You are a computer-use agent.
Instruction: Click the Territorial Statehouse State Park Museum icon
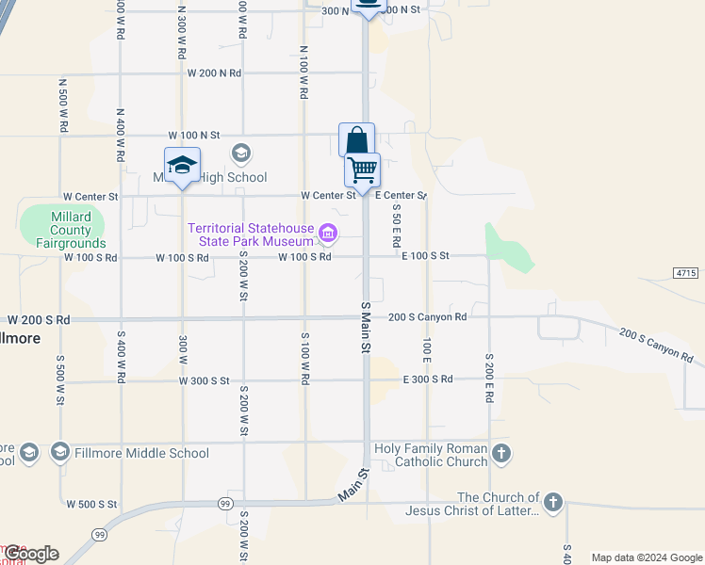(x=327, y=233)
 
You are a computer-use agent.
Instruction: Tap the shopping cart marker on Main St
(x=362, y=171)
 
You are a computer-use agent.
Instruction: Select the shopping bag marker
(x=356, y=141)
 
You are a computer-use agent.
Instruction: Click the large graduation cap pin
(x=182, y=167)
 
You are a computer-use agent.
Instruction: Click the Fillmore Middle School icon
(x=61, y=453)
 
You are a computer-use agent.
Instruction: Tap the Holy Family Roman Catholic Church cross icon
(x=501, y=453)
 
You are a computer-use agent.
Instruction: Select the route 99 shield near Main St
(x=225, y=504)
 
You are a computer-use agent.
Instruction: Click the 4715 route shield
(x=686, y=272)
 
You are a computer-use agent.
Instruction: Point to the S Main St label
(x=365, y=329)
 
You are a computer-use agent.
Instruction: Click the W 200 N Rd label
(x=214, y=73)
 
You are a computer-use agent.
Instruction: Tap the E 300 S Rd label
(x=428, y=379)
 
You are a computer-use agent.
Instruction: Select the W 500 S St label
(x=91, y=504)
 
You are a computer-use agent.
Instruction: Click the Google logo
(x=31, y=554)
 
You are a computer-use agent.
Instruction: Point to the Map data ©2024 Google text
(x=647, y=557)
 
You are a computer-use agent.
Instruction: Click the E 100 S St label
(x=425, y=255)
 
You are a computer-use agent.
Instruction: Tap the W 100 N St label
(x=193, y=135)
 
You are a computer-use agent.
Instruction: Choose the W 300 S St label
(x=204, y=380)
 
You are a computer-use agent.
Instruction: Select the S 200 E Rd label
(x=489, y=379)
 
